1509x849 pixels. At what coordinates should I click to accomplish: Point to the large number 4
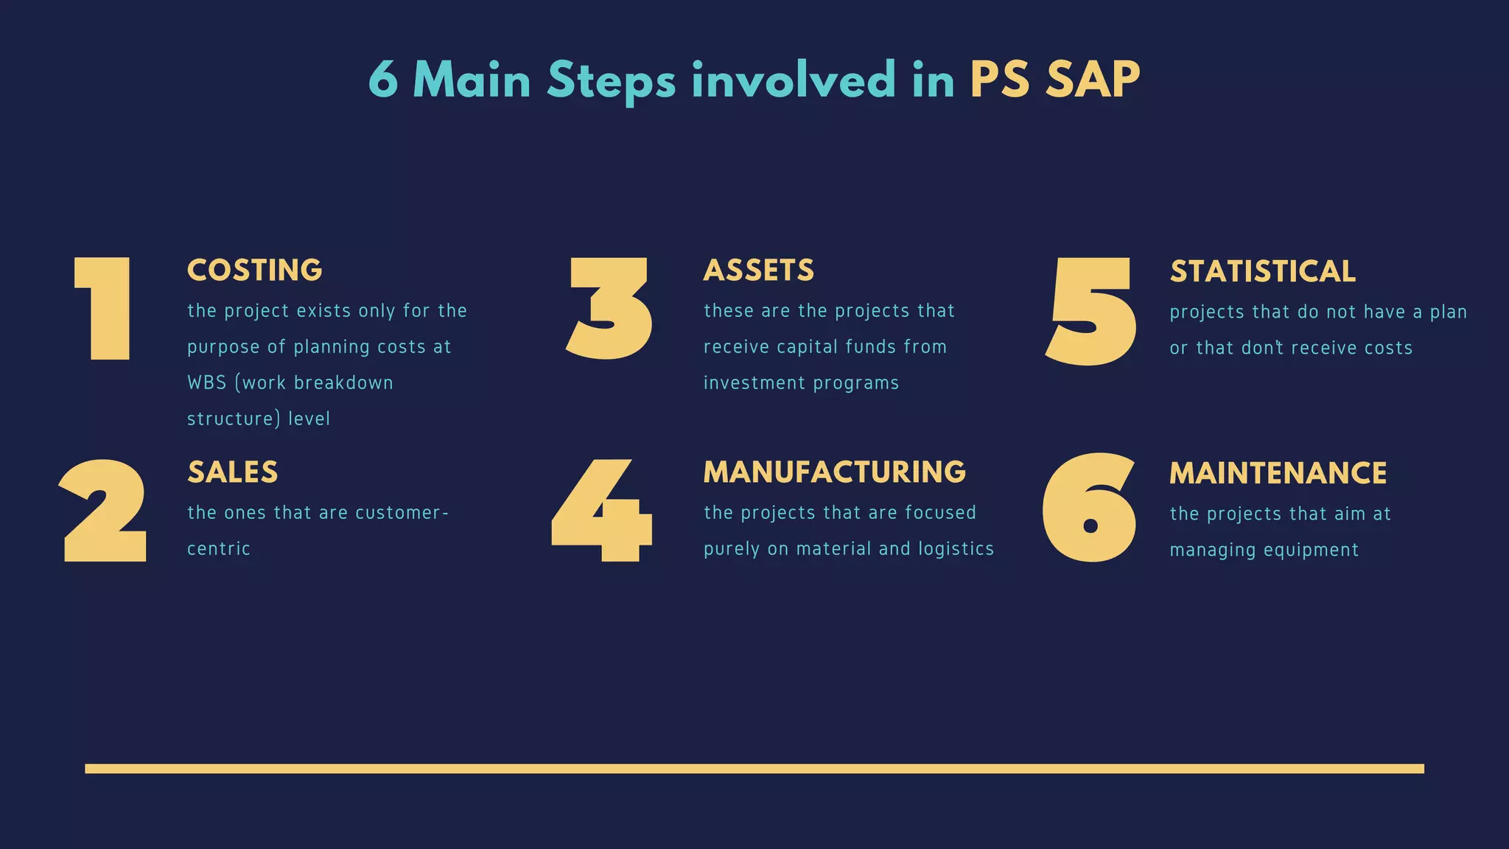(603, 511)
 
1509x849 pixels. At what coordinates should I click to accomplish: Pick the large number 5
(1091, 310)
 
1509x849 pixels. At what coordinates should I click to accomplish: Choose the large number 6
(1089, 508)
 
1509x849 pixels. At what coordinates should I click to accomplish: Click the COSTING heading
(255, 270)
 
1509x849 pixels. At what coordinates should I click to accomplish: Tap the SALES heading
(233, 472)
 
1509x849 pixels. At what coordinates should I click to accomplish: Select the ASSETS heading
(759, 270)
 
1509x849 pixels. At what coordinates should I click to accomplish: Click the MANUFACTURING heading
(834, 472)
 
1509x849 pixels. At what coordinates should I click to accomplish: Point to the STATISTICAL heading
(1263, 272)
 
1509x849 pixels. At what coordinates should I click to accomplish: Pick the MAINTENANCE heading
(1278, 473)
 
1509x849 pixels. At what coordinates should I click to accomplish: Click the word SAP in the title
(1093, 80)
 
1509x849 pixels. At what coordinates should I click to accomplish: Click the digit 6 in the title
(383, 80)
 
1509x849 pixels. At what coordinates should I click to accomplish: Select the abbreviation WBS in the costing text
(207, 383)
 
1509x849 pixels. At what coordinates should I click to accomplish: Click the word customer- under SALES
(402, 513)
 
